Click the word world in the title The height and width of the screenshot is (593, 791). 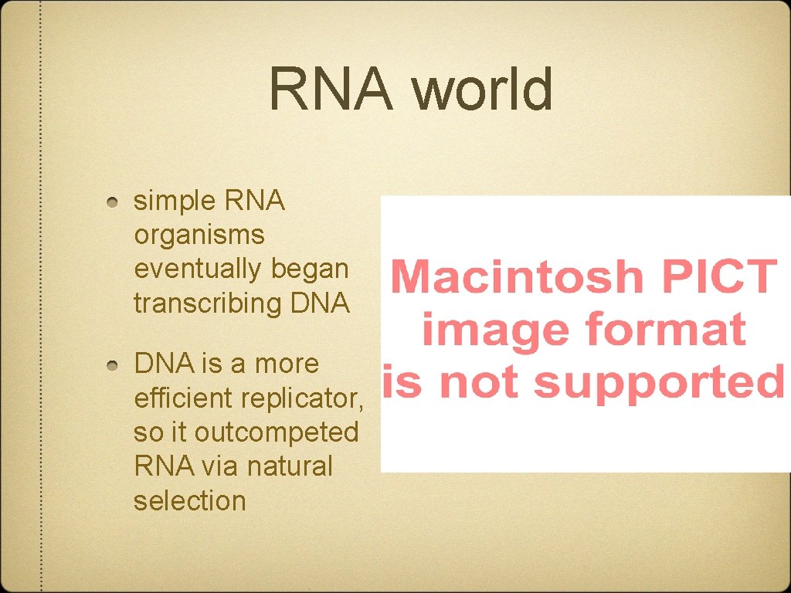(x=482, y=89)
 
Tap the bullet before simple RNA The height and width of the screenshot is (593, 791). (x=114, y=202)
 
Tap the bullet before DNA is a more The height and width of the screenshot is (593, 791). (x=114, y=364)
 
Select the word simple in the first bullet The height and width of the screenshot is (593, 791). (x=175, y=202)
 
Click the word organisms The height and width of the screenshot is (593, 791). (x=199, y=235)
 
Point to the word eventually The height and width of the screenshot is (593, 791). (x=198, y=269)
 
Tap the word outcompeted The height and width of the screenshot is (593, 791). (x=277, y=432)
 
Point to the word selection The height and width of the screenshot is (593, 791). (x=189, y=500)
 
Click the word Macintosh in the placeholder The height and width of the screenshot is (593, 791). (x=518, y=276)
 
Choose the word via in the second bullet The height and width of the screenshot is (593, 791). (x=222, y=466)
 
